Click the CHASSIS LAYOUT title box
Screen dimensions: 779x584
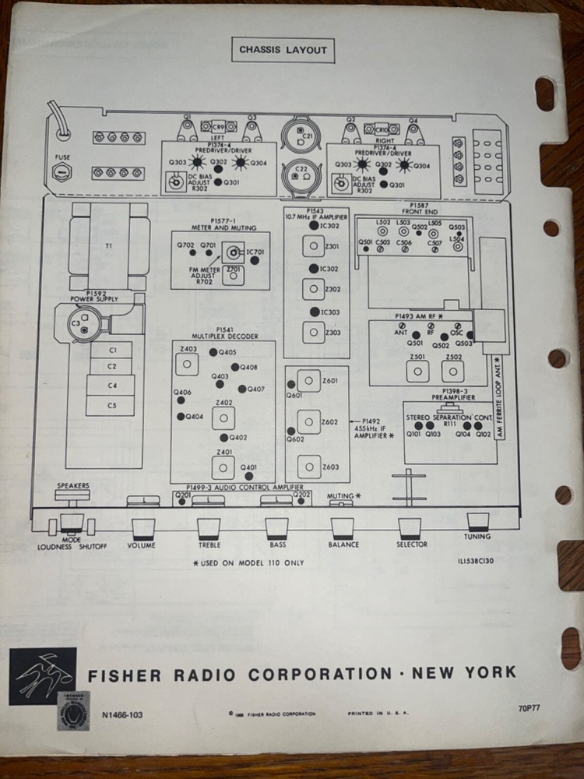283,51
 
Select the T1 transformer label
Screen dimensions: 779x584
107,245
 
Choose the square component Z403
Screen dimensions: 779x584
188,364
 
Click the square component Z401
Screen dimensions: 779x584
223,467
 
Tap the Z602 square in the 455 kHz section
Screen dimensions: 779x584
310,421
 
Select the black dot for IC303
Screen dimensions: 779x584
314,312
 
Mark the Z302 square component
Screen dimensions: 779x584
311,290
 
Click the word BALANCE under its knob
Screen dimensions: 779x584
343,545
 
